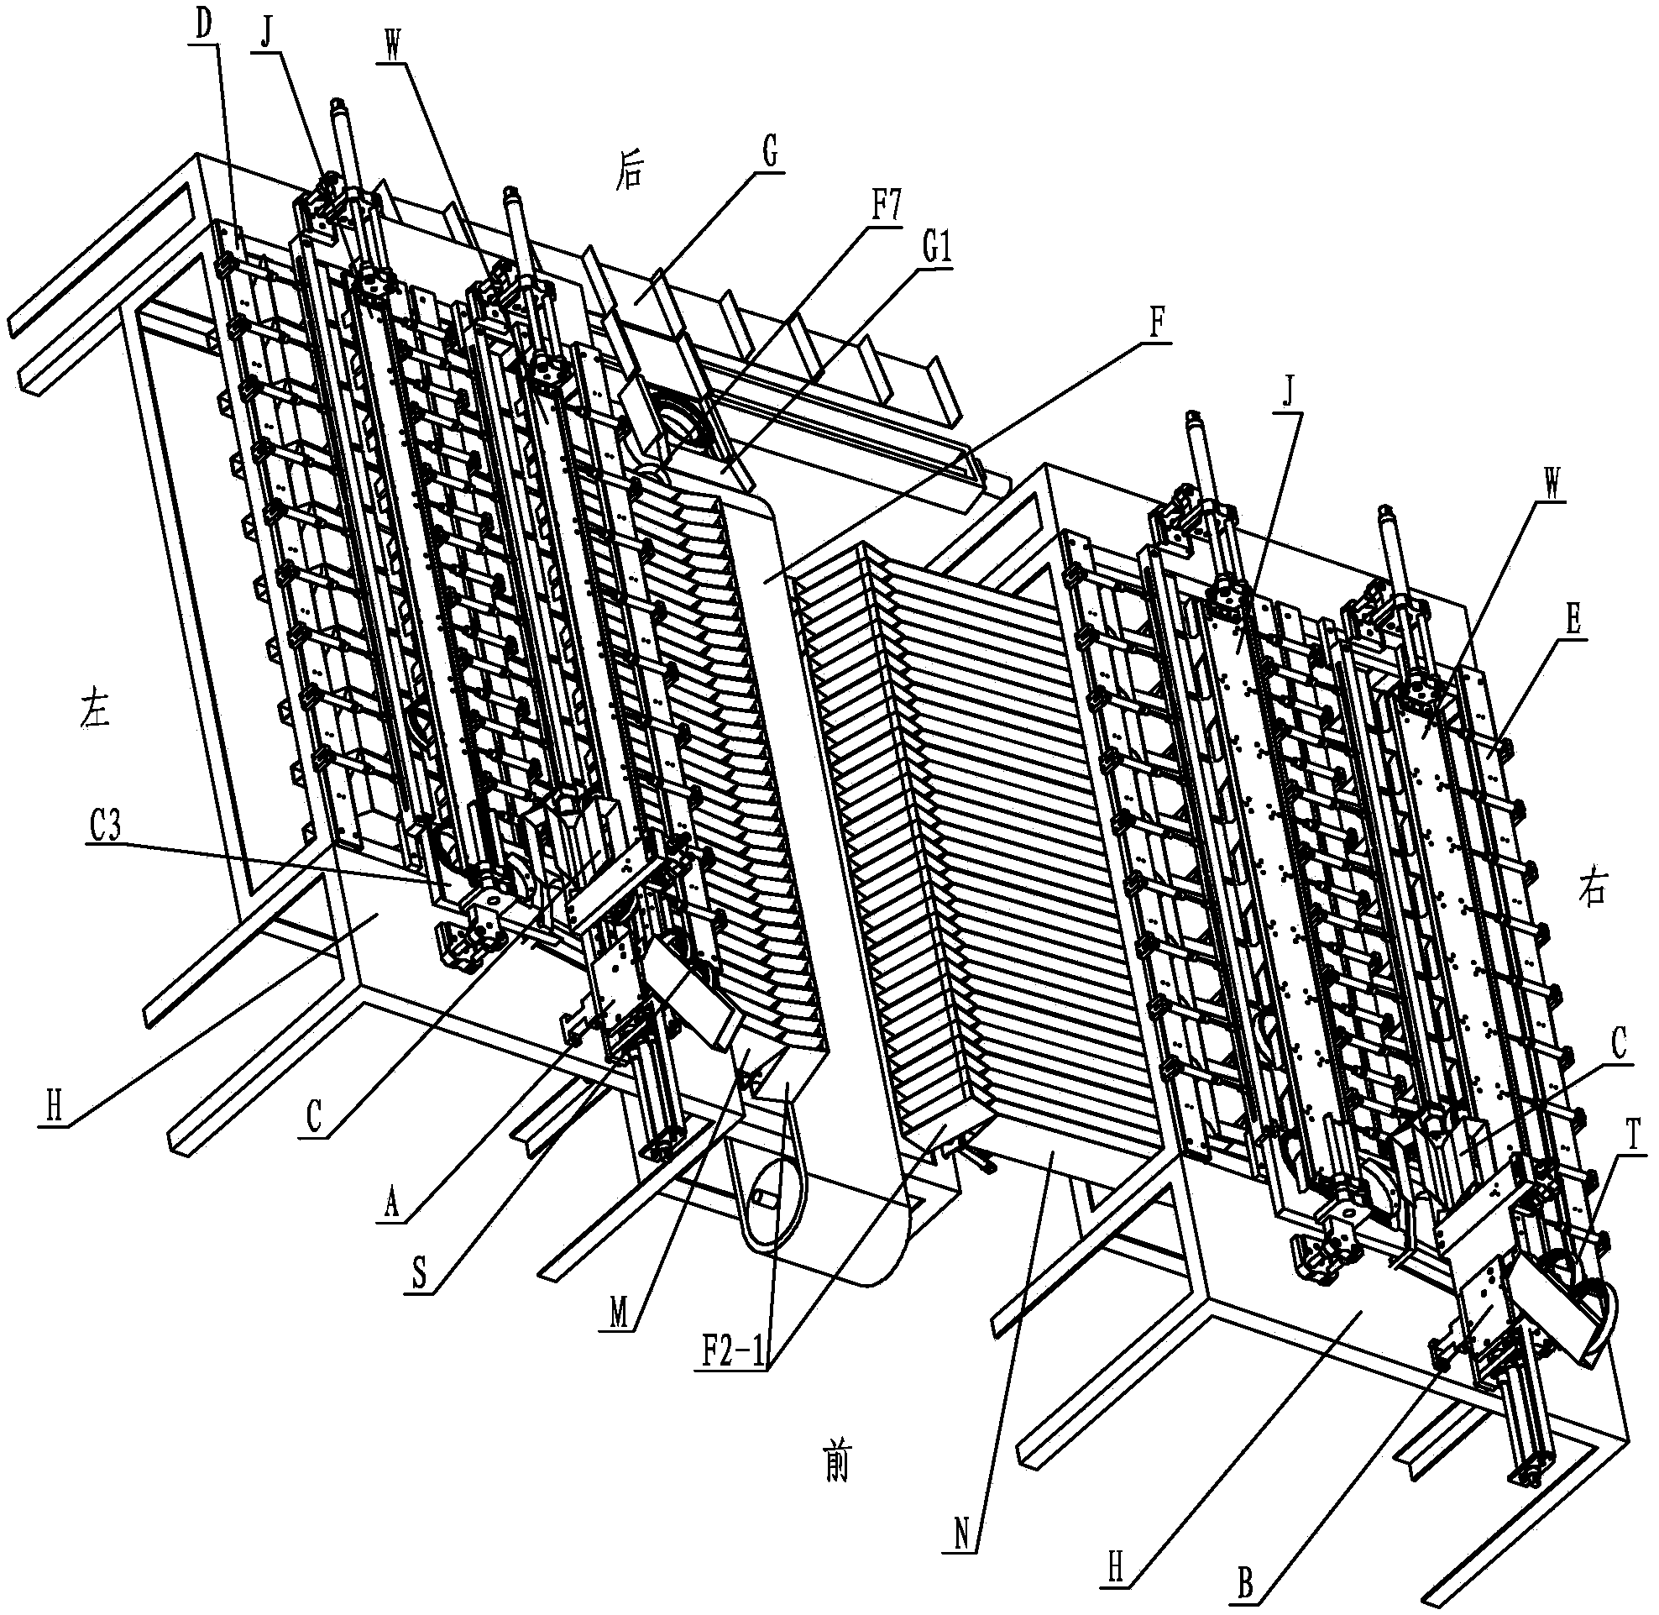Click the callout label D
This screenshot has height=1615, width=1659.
coord(203,24)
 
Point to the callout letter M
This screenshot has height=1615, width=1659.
coord(618,1313)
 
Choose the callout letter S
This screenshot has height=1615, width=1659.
coord(420,1276)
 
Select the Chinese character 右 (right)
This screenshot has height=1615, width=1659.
coord(1592,889)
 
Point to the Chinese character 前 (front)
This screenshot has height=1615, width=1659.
coord(836,1464)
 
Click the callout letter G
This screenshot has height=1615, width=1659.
coord(769,157)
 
